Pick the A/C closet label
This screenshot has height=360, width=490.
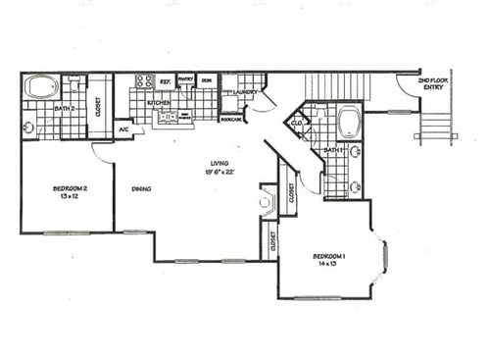point(124,129)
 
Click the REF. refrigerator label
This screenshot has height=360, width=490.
point(165,82)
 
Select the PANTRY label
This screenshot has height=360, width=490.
point(187,82)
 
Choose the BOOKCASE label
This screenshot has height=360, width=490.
point(231,120)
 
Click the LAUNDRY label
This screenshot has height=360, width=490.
point(244,93)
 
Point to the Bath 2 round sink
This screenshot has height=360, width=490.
point(29,127)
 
